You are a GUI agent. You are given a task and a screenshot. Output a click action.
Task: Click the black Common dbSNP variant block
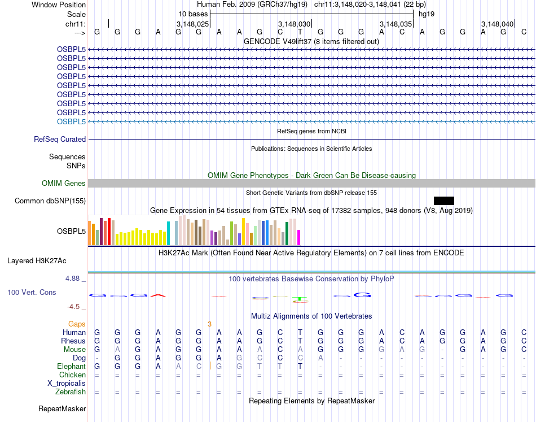click(x=443, y=201)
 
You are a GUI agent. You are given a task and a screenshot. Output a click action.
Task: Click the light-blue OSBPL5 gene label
click(x=71, y=121)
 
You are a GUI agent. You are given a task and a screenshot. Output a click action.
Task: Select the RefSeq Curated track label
click(x=60, y=139)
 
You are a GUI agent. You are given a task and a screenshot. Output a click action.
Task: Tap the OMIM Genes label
click(x=64, y=183)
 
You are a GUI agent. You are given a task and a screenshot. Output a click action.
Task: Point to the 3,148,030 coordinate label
click(x=295, y=24)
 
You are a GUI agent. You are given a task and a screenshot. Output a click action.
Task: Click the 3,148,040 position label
click(x=498, y=24)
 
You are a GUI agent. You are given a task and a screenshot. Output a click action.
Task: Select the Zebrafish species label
click(x=71, y=392)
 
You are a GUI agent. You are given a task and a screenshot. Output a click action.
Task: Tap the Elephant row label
click(x=71, y=367)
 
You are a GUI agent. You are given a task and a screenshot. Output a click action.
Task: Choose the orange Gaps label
click(x=77, y=324)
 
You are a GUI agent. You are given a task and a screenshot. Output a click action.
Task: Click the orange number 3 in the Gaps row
click(x=209, y=324)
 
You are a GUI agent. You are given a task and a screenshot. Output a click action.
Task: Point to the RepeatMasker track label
click(x=62, y=408)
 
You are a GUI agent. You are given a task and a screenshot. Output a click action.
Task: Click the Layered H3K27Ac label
click(x=37, y=260)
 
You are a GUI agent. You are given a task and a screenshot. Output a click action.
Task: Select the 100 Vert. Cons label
click(x=32, y=293)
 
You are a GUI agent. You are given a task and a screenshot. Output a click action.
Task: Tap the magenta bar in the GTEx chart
click(x=299, y=237)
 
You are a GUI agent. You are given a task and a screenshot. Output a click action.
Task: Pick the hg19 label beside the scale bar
click(x=426, y=13)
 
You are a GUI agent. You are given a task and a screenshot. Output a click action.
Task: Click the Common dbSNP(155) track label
click(x=50, y=201)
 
